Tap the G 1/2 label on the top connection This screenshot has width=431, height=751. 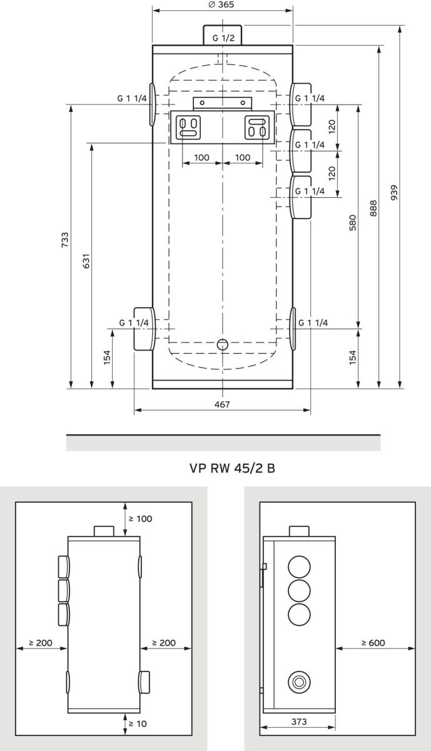click(x=223, y=38)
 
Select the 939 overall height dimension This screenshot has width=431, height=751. click(x=394, y=193)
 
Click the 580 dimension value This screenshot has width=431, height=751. click(x=352, y=223)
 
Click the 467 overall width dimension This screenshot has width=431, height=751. click(x=222, y=405)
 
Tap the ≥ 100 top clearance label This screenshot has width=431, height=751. click(x=140, y=519)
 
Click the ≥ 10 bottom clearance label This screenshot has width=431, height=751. click(x=138, y=723)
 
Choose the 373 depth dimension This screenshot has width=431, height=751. click(x=299, y=722)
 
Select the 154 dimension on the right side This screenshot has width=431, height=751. click(x=352, y=357)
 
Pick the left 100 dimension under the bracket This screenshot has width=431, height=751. click(x=201, y=158)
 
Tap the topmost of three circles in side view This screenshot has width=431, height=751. click(x=299, y=567)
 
